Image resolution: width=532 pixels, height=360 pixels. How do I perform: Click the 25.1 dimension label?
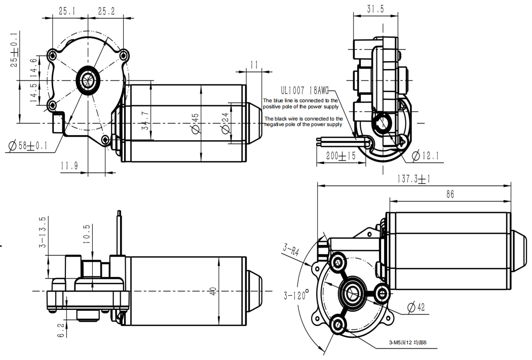click(67, 11)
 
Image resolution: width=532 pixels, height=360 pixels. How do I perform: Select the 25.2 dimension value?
click(106, 11)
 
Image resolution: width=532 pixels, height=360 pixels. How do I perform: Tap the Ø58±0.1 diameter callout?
click(28, 146)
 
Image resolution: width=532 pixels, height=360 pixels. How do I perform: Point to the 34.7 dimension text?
click(145, 121)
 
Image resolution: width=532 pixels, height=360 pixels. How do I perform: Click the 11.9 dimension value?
click(69, 166)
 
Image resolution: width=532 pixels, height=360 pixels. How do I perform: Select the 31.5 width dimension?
click(375, 9)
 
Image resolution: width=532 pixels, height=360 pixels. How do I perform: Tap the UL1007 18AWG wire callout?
click(305, 91)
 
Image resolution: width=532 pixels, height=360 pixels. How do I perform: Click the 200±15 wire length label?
click(340, 155)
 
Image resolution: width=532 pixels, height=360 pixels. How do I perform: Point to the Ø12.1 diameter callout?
click(425, 155)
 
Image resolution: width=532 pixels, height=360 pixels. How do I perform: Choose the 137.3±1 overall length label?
click(413, 179)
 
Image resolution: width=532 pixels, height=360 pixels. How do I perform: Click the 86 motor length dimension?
click(450, 194)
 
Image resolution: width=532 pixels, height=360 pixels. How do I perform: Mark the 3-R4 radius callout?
click(291, 251)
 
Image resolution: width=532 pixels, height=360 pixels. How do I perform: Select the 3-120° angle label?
click(296, 295)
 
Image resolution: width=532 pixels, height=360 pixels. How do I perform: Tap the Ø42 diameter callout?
click(415, 307)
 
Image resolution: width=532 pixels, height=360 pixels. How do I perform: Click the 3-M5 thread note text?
click(407, 342)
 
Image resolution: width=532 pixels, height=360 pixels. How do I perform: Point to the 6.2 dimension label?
click(61, 330)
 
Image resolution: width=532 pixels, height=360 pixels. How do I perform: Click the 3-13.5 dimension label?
click(43, 232)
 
